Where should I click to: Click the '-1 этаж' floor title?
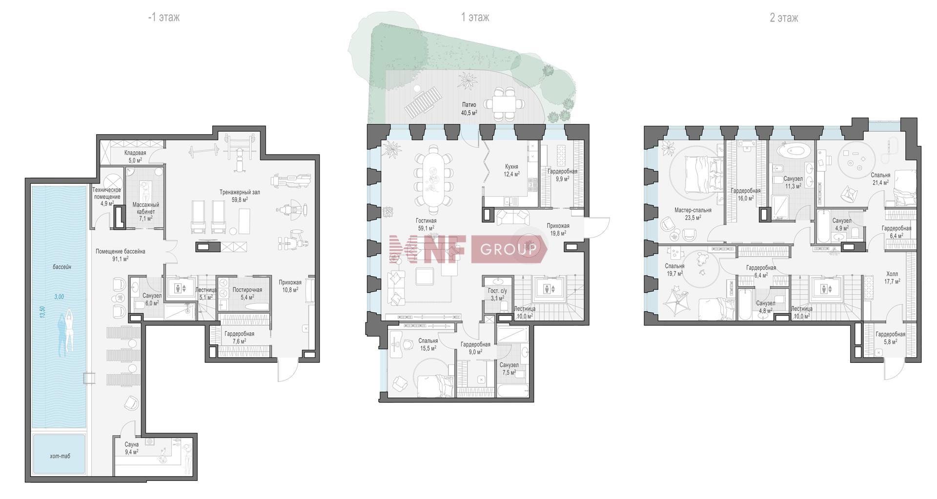pyautogui.click(x=164, y=18)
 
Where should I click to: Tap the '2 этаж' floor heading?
pyautogui.click(x=784, y=18)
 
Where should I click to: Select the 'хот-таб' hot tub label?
pyautogui.click(x=60, y=456)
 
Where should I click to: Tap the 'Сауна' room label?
pyautogui.click(x=132, y=444)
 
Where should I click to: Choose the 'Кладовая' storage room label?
pyautogui.click(x=135, y=153)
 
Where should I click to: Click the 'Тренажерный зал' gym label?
pyautogui.click(x=240, y=192)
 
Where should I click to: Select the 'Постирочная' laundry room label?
pyautogui.click(x=247, y=290)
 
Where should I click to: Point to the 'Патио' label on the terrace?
pyautogui.click(x=469, y=105)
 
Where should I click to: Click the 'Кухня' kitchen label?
pyautogui.click(x=511, y=167)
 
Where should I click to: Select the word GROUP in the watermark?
pyautogui.click(x=509, y=250)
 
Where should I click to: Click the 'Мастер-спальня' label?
pyautogui.click(x=693, y=210)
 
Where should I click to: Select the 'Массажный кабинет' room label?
pyautogui.click(x=145, y=208)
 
